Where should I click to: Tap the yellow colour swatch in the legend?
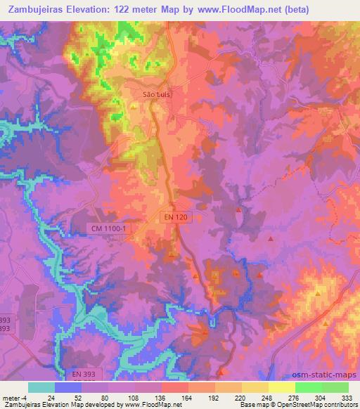282,387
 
